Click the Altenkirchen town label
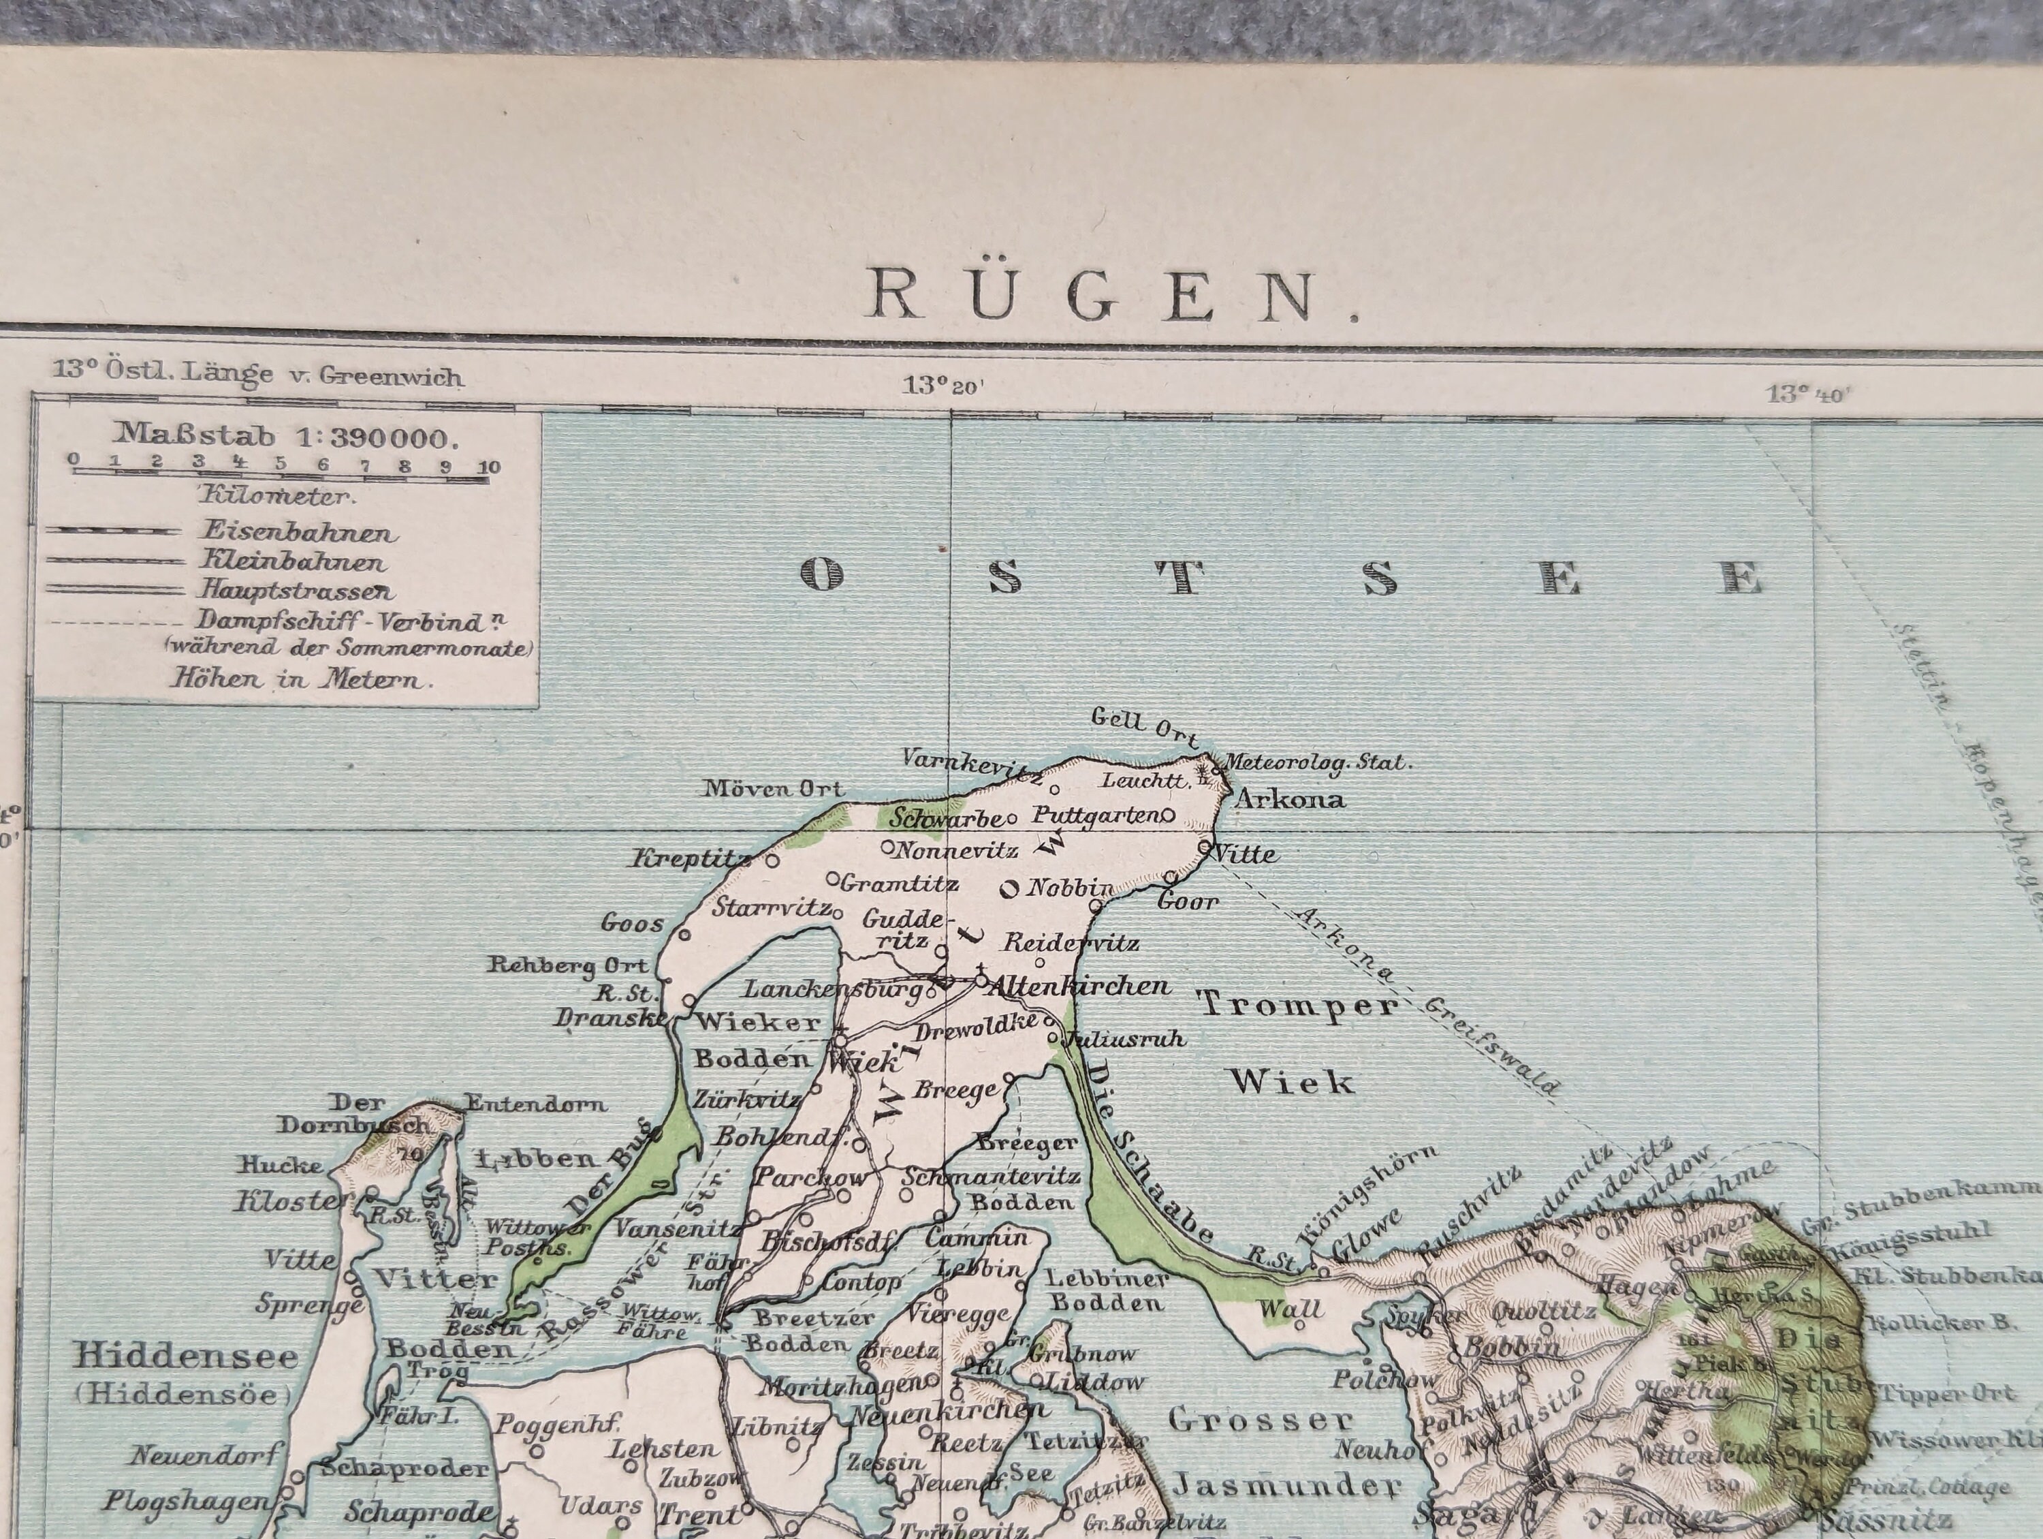point(1079,986)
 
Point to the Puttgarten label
point(1095,815)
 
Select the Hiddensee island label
point(186,1356)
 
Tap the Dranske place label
point(610,1018)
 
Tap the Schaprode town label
point(418,1513)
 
